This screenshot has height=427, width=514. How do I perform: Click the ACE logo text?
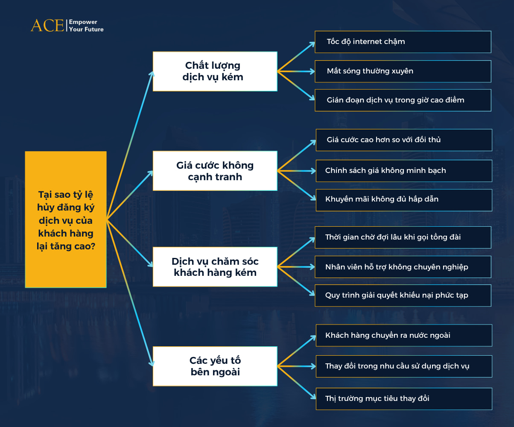click(47, 25)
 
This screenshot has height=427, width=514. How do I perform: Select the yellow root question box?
click(66, 219)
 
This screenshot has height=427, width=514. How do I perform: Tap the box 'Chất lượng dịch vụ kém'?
click(215, 71)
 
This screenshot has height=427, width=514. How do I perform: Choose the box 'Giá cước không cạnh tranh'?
click(215, 171)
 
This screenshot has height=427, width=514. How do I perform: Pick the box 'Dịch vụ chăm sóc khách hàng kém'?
click(215, 267)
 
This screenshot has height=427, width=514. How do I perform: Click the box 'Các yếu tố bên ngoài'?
click(215, 366)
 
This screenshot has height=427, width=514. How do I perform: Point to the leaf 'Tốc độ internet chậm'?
click(403, 42)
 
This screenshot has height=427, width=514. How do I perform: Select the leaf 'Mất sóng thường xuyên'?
click(403, 71)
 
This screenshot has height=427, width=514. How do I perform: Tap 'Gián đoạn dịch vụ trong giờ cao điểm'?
click(403, 100)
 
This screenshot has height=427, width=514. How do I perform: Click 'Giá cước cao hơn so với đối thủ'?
click(403, 140)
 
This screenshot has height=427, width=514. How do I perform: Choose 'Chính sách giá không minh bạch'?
click(403, 171)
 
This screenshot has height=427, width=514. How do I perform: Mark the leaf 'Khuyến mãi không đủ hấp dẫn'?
click(403, 199)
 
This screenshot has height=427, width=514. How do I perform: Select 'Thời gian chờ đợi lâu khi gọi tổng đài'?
click(403, 237)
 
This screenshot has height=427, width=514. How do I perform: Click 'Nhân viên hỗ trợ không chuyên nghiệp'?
click(403, 267)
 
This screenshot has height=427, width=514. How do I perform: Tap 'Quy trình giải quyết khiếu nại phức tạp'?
click(403, 295)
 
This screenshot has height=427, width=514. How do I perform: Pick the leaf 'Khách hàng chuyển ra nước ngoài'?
click(403, 336)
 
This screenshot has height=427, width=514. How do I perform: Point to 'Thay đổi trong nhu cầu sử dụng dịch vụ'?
click(403, 366)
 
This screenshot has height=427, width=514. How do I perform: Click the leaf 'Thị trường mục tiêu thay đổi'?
click(403, 399)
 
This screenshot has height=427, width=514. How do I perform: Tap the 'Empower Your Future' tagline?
click(86, 26)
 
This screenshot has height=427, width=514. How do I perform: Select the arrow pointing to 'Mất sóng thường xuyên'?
click(296, 71)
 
